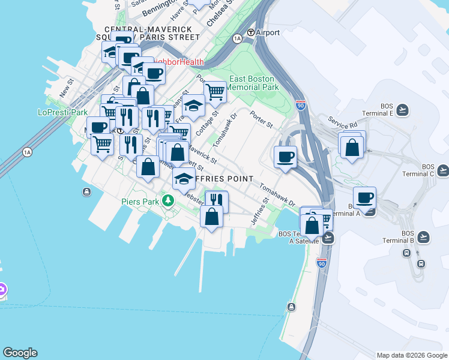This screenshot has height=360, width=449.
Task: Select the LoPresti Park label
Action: pyautogui.click(x=62, y=112)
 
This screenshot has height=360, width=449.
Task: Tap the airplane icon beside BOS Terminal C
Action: pyautogui.click(x=443, y=170)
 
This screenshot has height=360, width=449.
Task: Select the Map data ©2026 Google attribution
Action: pyautogui.click(x=412, y=355)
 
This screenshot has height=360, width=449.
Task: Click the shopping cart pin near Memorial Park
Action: pyautogui.click(x=214, y=92)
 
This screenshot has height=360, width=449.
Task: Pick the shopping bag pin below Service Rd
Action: pyautogui.click(x=352, y=146)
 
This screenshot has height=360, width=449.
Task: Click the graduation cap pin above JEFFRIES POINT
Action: pyautogui.click(x=183, y=178)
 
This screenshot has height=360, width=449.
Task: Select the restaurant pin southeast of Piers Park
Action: pyautogui.click(x=217, y=200)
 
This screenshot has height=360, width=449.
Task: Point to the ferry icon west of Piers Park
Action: pyautogui.click(x=87, y=192)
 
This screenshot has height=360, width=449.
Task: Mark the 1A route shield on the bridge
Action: pyautogui.click(x=27, y=152)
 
